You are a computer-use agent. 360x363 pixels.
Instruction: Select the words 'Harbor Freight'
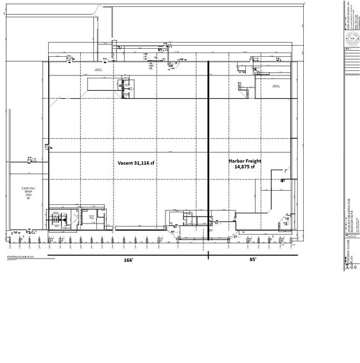point(245,161)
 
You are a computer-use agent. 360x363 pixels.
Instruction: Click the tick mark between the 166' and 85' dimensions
point(208,255)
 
